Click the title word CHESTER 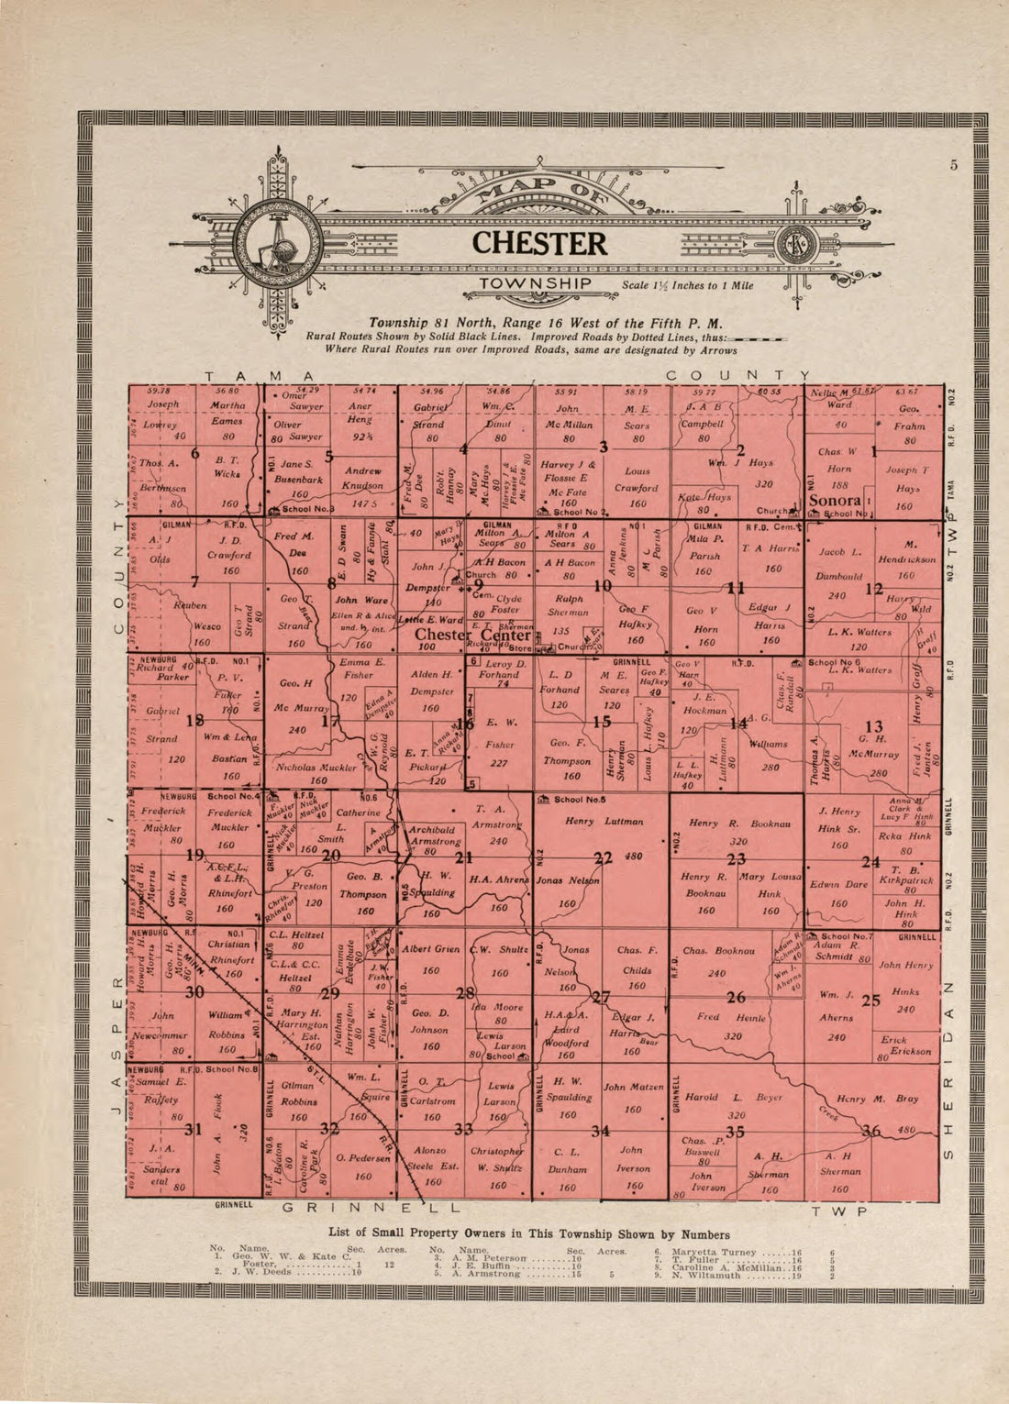[x=539, y=244]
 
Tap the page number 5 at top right [x=954, y=165]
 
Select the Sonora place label [x=835, y=501]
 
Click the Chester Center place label [x=473, y=635]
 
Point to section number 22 [x=603, y=859]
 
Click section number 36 [x=870, y=1132]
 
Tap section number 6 [x=194, y=453]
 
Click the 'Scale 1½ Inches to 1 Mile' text [x=688, y=285]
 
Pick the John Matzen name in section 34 [x=633, y=1088]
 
